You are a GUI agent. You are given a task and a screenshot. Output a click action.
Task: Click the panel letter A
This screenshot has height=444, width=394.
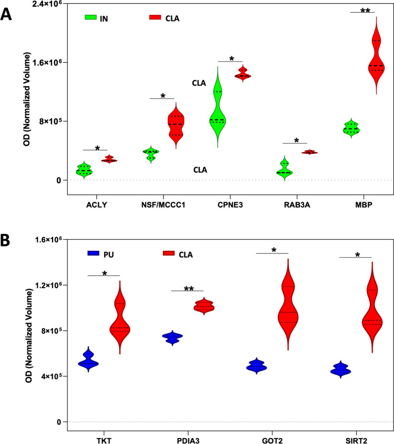click(7, 13)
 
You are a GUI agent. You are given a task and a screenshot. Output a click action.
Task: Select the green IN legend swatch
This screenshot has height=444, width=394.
click(93, 18)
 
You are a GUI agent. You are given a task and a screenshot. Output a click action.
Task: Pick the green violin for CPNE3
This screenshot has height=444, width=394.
click(216, 113)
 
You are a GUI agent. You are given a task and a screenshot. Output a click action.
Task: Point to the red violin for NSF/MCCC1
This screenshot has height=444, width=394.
click(175, 125)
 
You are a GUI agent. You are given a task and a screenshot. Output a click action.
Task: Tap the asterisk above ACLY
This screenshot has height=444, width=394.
click(97, 148)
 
